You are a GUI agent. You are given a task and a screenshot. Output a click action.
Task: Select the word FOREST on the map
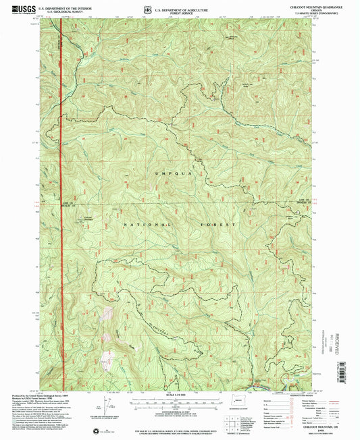coord(217,223)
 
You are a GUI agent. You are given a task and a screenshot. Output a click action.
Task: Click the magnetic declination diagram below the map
coord(108,405)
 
